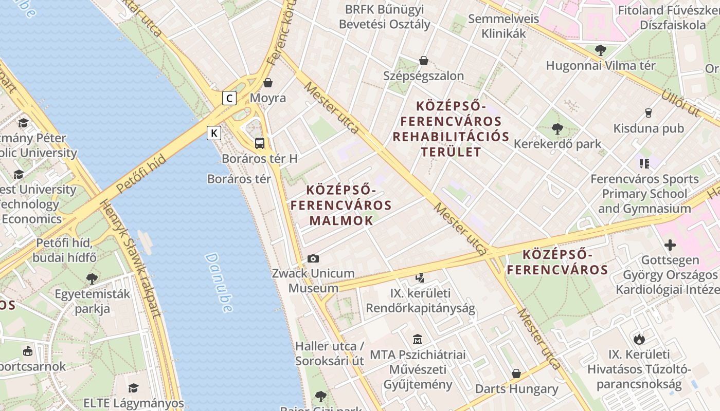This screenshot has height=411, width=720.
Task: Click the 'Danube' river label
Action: [x=219, y=283]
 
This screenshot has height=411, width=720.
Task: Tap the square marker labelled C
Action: [x=229, y=98]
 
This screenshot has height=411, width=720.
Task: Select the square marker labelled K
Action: [x=214, y=134]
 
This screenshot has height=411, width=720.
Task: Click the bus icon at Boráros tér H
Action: [x=260, y=143]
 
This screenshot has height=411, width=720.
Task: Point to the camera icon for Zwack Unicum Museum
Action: [x=313, y=258]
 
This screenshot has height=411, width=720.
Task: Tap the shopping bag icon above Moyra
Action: [x=268, y=83]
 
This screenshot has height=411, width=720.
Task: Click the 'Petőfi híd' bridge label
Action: [x=141, y=173]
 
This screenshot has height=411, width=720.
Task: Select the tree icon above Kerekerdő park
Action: [x=557, y=128]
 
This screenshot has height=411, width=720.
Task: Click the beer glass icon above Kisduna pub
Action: [x=648, y=113]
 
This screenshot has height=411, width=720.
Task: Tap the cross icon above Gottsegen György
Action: [x=670, y=245]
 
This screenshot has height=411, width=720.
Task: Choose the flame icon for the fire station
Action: [x=639, y=339]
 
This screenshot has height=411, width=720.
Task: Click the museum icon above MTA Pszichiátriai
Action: [x=417, y=340]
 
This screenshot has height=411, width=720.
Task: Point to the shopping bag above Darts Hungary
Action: [x=516, y=373]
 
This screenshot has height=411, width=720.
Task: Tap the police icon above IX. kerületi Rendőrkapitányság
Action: [x=420, y=278]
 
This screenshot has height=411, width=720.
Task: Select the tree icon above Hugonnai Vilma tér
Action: [x=600, y=50]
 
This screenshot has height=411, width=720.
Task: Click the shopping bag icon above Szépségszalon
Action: [x=423, y=61]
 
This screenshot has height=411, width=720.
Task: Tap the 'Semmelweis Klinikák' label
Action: [x=503, y=26]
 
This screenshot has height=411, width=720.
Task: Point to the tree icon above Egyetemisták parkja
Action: [x=92, y=279]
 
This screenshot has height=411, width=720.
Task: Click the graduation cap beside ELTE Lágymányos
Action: [x=134, y=388]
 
